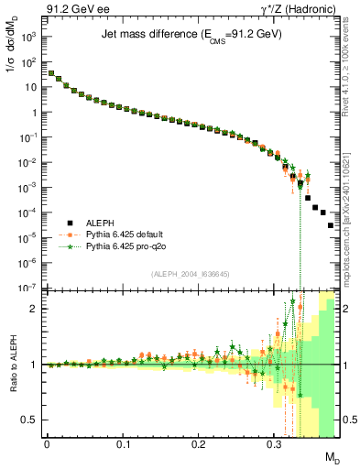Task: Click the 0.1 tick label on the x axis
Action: (122, 443)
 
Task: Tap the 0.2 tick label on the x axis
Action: (197, 443)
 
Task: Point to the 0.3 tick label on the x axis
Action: (273, 443)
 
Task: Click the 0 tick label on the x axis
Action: (47, 443)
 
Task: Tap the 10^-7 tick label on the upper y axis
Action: (29, 288)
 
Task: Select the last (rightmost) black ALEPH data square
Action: (331, 224)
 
